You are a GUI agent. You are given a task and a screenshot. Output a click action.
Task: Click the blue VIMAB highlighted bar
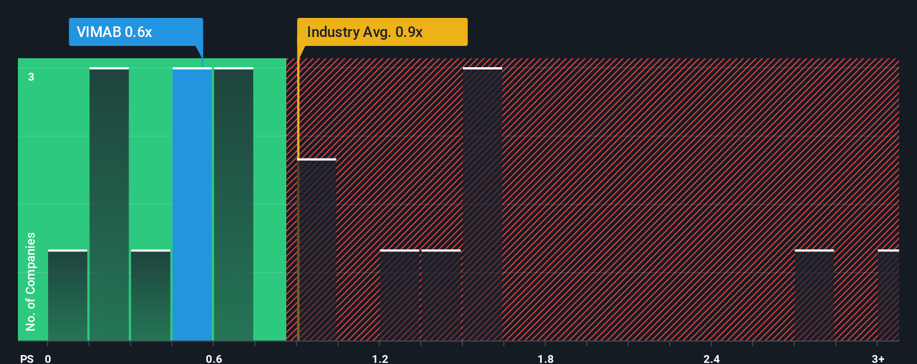tap(192, 204)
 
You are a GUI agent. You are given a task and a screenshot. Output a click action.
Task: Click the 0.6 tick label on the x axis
tap(214, 358)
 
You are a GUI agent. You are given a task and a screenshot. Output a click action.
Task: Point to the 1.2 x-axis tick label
tap(380, 358)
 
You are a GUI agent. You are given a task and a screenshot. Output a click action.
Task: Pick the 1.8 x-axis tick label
tap(546, 358)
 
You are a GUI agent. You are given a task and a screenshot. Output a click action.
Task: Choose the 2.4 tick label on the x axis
tap(711, 358)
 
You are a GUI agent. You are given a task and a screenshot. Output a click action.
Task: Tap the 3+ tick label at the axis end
tap(878, 358)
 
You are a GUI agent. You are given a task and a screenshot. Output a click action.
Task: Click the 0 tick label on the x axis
tap(48, 358)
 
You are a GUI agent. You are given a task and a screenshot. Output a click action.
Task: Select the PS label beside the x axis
tap(27, 358)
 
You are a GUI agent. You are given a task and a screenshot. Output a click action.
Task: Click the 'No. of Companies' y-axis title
tap(31, 281)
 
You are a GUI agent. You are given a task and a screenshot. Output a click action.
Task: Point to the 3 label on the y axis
tap(31, 77)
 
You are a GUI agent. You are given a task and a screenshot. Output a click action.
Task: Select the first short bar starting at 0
tap(68, 295)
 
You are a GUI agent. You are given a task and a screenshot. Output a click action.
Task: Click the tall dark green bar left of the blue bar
tap(109, 204)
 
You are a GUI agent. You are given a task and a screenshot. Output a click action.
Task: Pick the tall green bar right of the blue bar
tap(234, 204)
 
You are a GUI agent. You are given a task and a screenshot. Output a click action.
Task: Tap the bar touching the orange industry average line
tap(317, 250)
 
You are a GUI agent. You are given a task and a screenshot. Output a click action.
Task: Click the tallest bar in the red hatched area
tap(483, 204)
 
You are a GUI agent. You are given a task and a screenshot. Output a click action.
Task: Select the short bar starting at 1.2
tap(399, 295)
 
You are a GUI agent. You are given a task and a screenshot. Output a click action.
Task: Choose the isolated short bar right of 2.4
tap(814, 295)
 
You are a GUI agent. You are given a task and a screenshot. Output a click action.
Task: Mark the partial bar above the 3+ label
tap(888, 295)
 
